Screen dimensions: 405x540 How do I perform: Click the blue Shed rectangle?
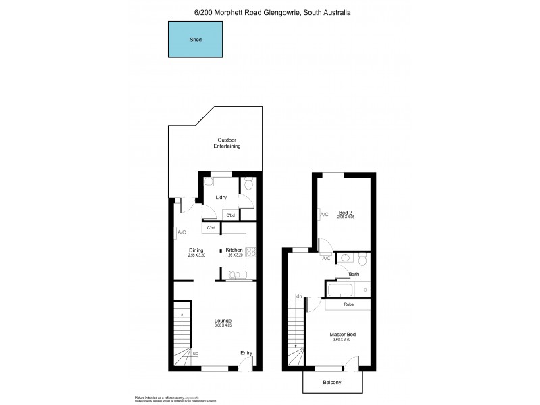195,39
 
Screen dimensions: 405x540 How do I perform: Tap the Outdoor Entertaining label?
227,143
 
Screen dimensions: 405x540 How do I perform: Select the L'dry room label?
221,197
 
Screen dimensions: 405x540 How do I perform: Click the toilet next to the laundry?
248,184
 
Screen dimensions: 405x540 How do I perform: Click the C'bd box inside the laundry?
230,215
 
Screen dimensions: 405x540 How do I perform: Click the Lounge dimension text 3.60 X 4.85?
223,325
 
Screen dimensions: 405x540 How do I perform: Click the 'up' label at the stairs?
196,354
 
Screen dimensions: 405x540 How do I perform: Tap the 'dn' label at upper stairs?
298,296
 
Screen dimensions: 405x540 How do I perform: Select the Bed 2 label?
346,212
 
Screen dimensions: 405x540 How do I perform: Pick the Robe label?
348,304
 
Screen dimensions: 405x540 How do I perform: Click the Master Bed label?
343,334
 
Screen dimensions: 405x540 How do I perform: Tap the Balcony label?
331,383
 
